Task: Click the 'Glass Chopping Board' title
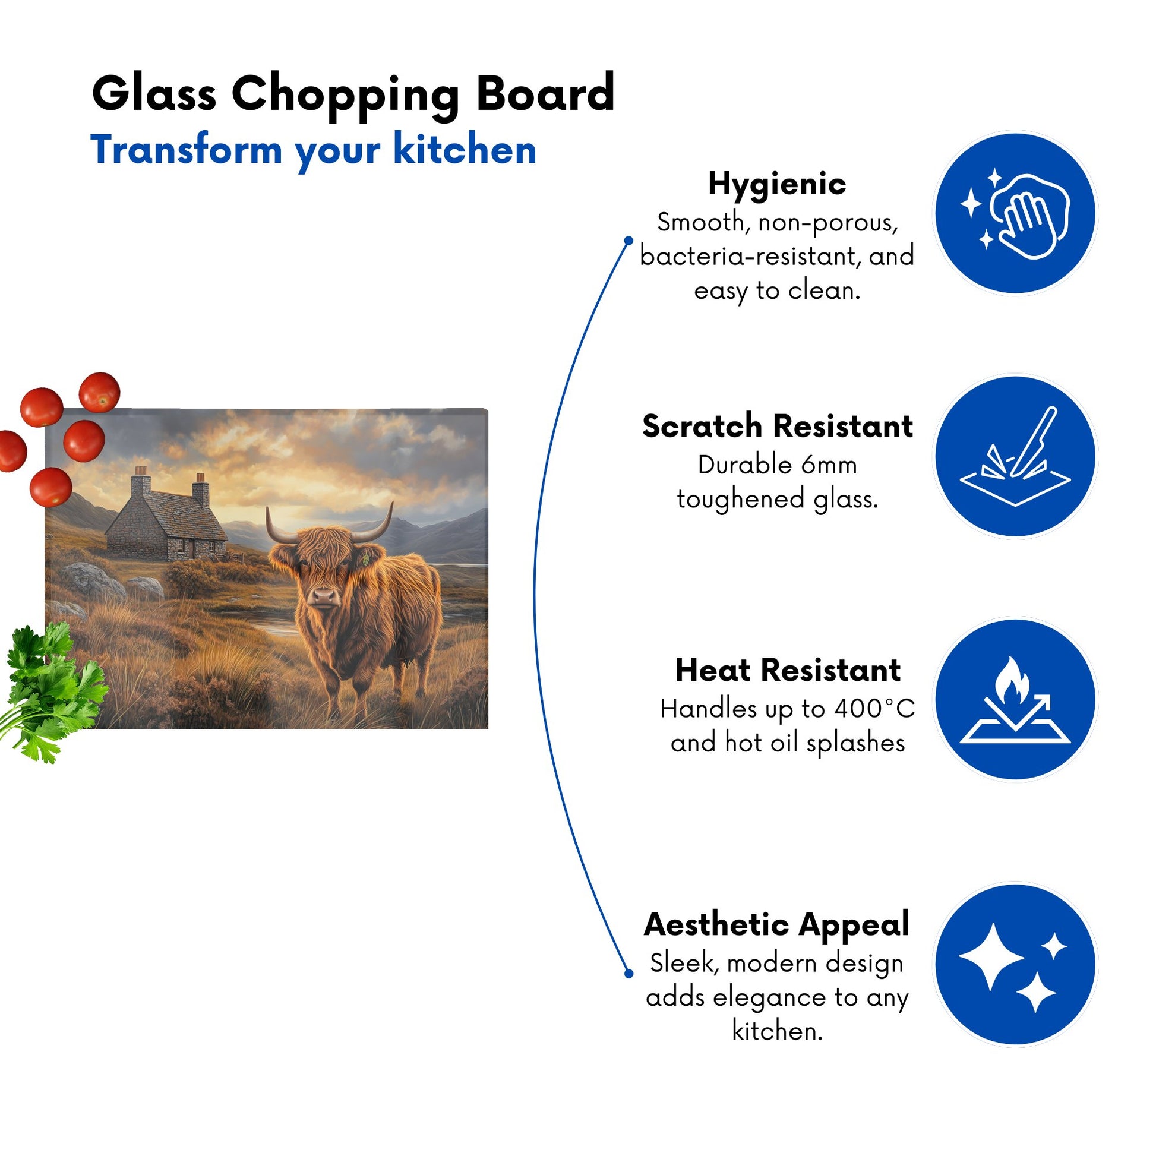coord(353,95)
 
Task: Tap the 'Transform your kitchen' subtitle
coord(313,150)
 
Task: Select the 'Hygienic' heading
coord(776,184)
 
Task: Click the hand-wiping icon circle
coord(1015,214)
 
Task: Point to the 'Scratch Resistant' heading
coord(777,427)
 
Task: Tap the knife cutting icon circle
coord(1015,457)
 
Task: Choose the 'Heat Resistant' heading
coord(788,670)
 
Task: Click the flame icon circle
coord(1015,699)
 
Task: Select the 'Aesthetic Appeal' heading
coord(776,925)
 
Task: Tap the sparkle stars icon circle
coord(1015,965)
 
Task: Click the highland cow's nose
coord(324,596)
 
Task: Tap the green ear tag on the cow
coord(365,560)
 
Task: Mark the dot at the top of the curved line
coord(628,241)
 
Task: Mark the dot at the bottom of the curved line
coord(628,974)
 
